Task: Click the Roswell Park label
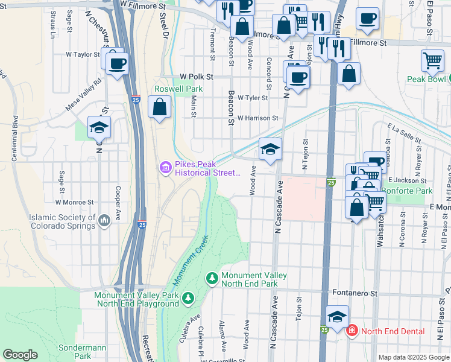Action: point(178,89)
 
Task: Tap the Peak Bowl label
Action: point(426,79)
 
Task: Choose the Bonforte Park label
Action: point(411,191)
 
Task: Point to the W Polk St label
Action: point(197,77)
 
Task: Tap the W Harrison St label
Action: point(257,119)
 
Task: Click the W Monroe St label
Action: point(74,203)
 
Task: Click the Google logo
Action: point(20,355)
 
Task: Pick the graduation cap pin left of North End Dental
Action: point(337,316)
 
